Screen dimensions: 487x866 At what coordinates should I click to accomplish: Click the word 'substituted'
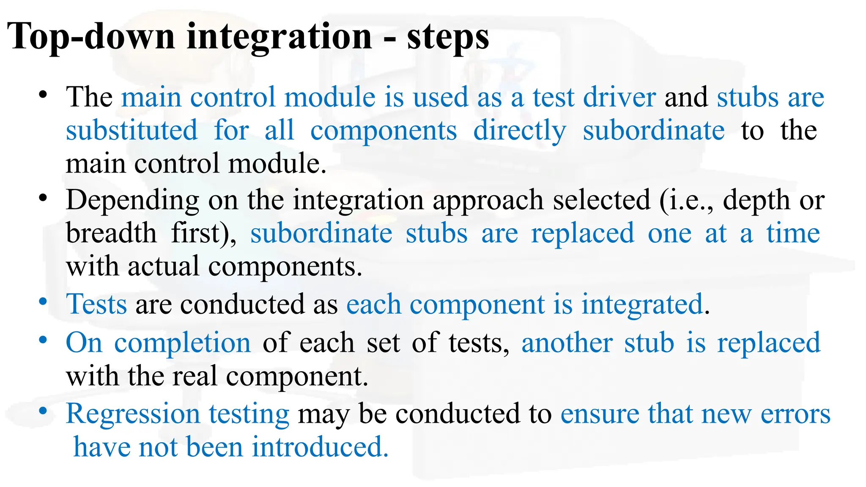click(x=132, y=130)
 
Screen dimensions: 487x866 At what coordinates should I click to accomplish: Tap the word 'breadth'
click(x=111, y=233)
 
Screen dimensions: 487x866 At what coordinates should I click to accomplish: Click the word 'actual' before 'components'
click(x=163, y=267)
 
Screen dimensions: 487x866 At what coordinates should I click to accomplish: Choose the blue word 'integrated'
click(x=642, y=304)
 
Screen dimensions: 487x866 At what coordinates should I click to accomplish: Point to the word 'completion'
click(x=183, y=343)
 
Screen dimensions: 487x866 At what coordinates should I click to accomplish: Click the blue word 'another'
click(x=567, y=343)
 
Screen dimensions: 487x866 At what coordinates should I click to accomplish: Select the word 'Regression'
click(x=132, y=414)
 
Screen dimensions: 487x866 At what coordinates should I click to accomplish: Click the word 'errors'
click(x=795, y=414)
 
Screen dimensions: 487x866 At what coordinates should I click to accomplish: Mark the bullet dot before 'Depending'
click(x=42, y=198)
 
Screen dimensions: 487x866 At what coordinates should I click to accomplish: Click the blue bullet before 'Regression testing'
click(x=42, y=411)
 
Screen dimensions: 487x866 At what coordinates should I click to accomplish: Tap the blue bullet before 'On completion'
click(x=42, y=339)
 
